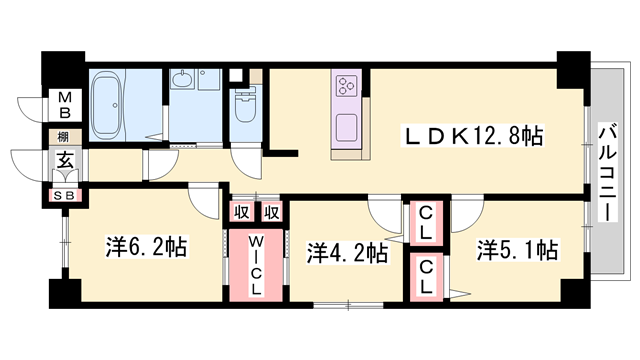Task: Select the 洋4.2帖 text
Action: coord(347,253)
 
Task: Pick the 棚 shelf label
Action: coord(63,137)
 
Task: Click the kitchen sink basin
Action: coord(347,128)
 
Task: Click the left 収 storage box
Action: coord(243,212)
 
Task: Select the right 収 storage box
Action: coord(272,212)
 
